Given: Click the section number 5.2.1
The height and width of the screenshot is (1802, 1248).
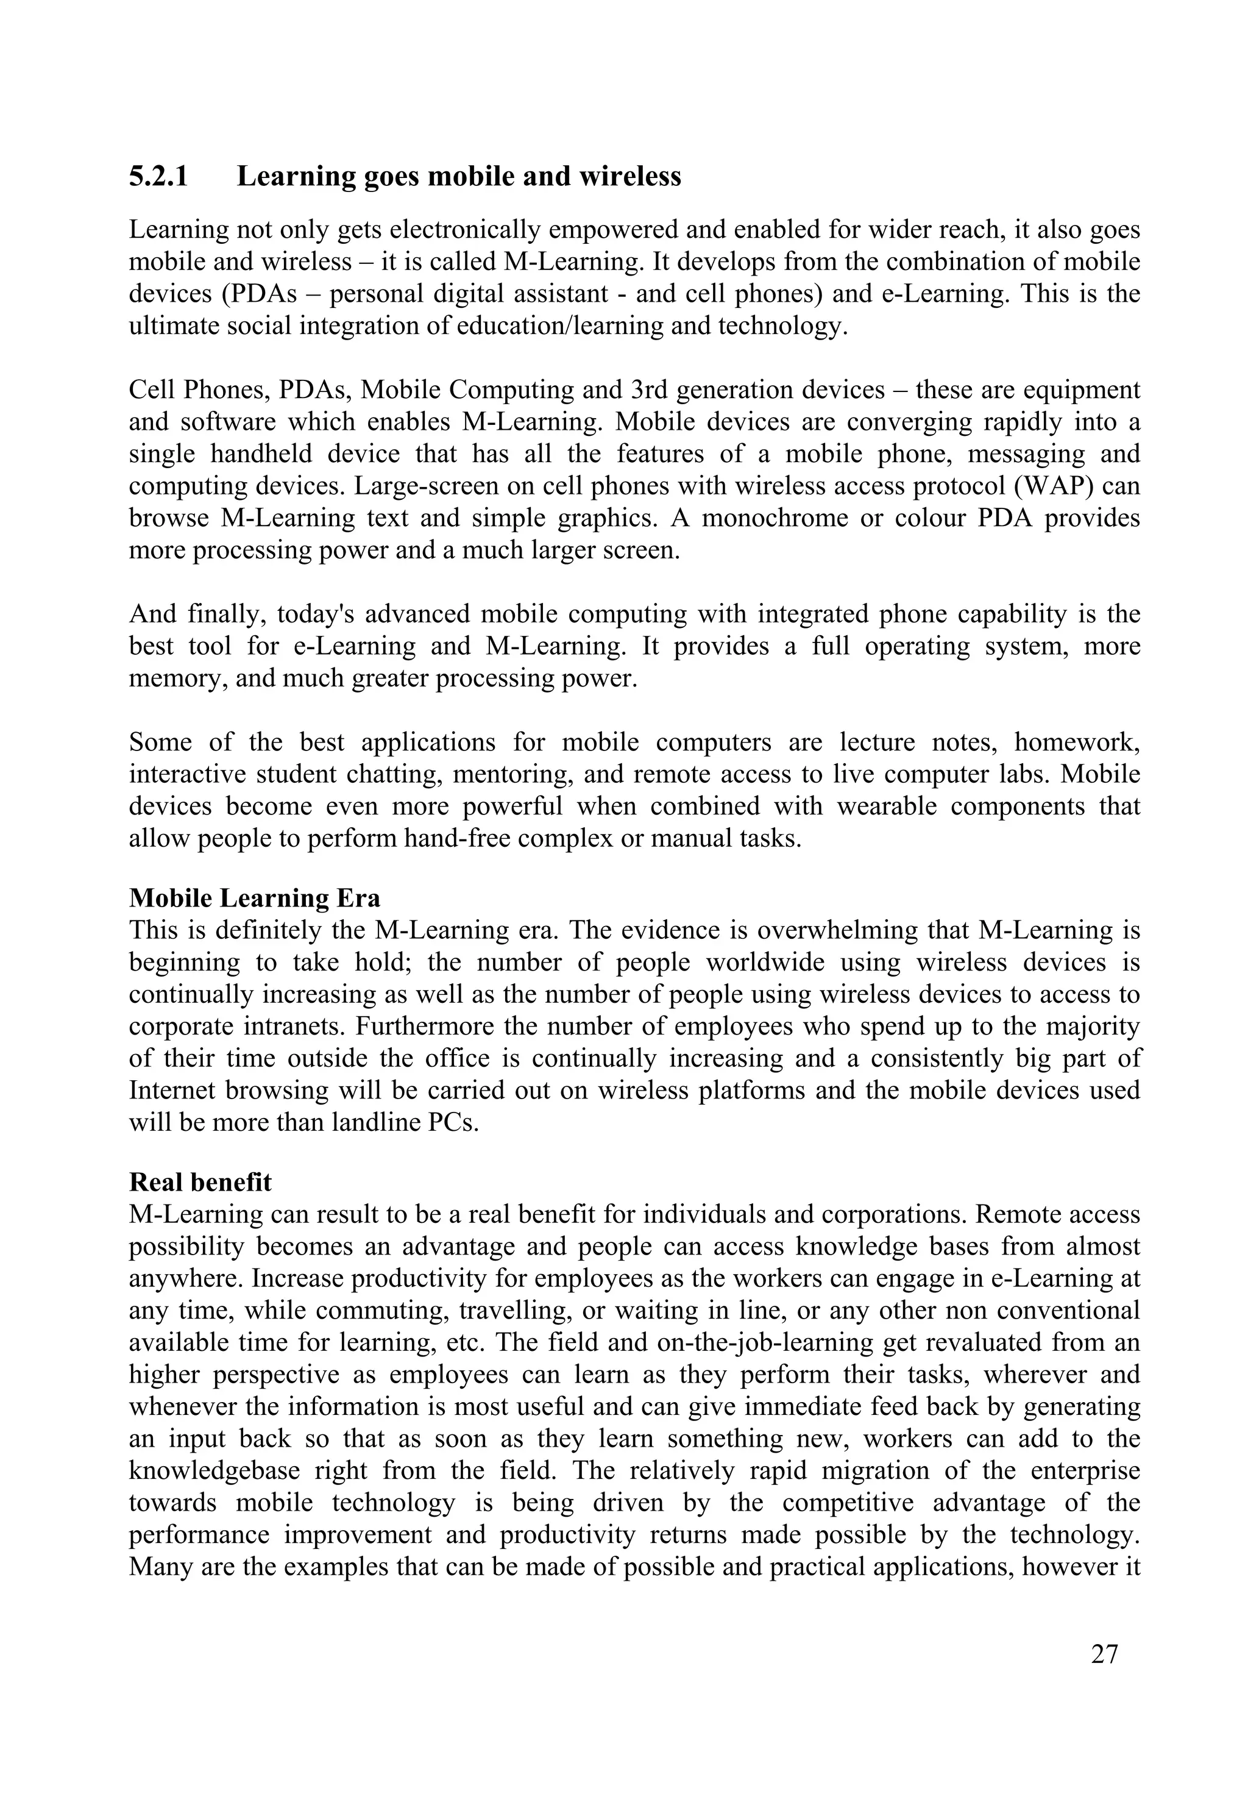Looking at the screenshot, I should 158,177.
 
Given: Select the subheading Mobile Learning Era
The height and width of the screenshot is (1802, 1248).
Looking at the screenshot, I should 254,898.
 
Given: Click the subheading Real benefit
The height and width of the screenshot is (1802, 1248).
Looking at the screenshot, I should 200,1182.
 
